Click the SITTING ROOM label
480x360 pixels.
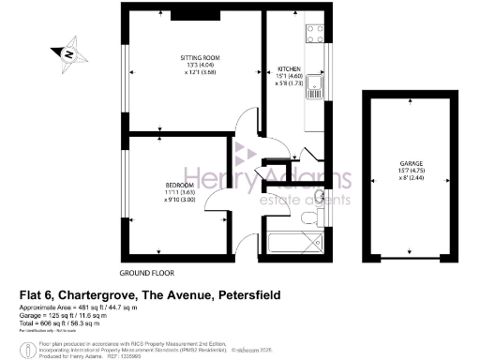[x=200, y=57]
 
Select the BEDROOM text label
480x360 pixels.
[x=178, y=185]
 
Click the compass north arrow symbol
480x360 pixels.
[x=68, y=54]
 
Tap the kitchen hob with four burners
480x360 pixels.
[x=312, y=35]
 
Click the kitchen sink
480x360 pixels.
[x=318, y=90]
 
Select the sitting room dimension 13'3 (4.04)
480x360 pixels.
[x=200, y=65]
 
